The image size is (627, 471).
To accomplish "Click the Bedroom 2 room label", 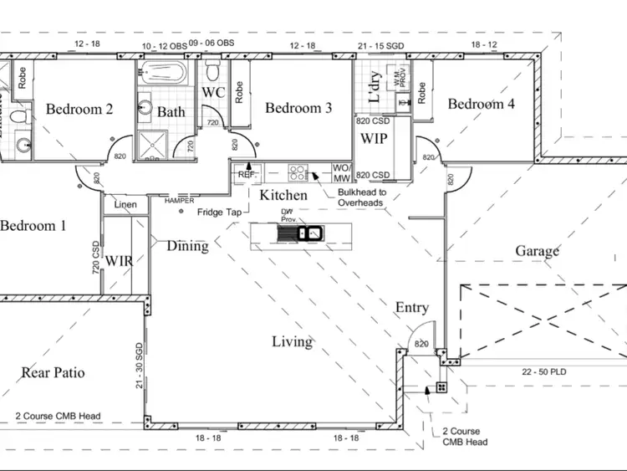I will point(79,109).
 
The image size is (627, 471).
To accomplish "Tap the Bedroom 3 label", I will point(298,108).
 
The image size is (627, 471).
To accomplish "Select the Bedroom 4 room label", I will point(482,104).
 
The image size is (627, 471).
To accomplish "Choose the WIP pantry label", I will point(373,138).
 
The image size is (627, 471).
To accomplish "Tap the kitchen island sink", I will point(311,233).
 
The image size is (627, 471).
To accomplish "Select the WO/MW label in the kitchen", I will point(342,172).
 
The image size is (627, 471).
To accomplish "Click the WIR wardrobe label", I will point(120,260).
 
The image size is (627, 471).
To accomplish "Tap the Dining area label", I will point(187,246).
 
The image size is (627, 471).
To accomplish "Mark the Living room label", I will point(292,341).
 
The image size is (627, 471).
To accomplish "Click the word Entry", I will point(411,308).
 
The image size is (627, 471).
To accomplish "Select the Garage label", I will point(537,251).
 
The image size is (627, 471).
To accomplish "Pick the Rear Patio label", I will point(54,372).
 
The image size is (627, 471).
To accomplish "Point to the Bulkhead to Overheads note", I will point(359,197).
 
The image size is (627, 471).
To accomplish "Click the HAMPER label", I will point(179,201).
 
